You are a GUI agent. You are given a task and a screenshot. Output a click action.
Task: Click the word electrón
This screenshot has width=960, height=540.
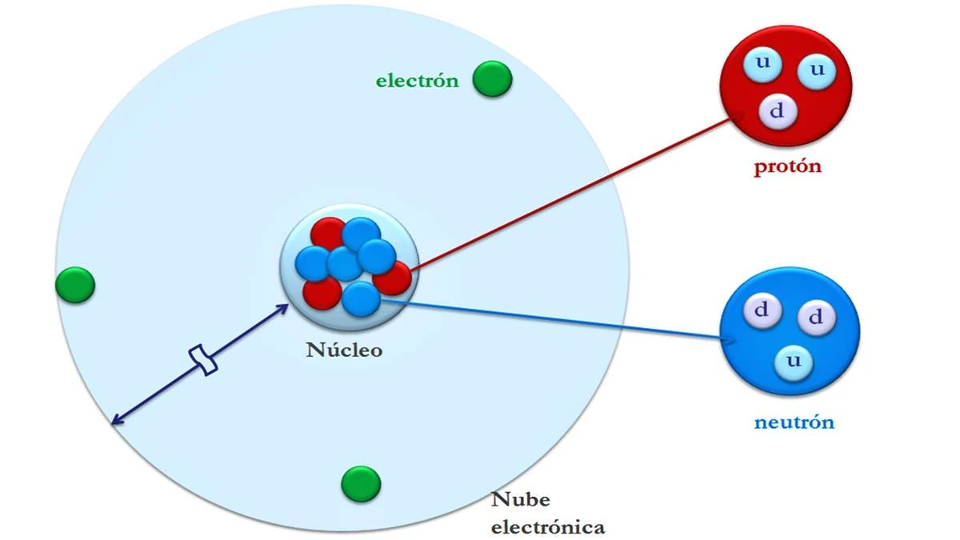pyautogui.click(x=417, y=80)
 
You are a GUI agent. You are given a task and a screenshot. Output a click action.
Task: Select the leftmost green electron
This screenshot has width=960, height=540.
pyautogui.click(x=75, y=284)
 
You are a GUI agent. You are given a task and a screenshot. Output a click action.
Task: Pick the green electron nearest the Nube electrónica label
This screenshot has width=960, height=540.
pyautogui.click(x=361, y=483)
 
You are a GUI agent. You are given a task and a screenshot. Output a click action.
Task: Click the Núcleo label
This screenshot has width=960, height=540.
pyautogui.click(x=344, y=350)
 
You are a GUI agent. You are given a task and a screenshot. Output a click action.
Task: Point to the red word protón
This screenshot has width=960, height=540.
pyautogui.click(x=787, y=167)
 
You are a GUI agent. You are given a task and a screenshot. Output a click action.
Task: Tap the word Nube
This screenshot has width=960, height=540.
pyautogui.click(x=520, y=501)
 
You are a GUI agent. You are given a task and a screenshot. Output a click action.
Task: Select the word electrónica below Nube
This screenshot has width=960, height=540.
pyautogui.click(x=547, y=527)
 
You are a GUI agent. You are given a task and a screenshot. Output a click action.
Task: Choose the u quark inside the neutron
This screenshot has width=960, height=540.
pyautogui.click(x=794, y=362)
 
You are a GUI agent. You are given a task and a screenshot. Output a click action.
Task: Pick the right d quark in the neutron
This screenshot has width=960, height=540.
pyautogui.click(x=816, y=318)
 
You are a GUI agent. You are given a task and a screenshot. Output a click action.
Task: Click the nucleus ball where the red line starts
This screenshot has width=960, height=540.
pyautogui.click(x=394, y=278)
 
